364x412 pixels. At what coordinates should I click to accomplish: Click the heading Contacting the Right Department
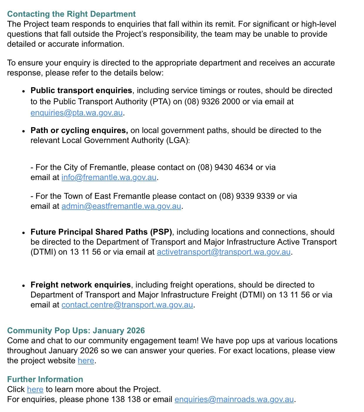71,14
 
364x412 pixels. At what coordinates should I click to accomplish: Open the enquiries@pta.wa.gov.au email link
76,113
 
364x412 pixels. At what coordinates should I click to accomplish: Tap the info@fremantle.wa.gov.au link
109,177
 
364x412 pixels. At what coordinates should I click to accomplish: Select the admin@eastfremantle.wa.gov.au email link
121,206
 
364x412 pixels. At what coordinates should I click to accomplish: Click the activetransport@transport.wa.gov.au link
223,252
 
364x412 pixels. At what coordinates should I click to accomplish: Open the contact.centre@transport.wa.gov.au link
127,305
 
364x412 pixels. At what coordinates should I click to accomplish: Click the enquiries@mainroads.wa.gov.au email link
234,399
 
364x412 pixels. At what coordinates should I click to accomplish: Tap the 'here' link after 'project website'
86,361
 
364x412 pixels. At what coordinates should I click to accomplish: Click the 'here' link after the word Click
35,389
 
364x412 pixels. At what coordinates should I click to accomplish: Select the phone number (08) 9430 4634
225,167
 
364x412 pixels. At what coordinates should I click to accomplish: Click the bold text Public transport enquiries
81,90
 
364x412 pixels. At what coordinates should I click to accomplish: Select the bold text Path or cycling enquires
79,130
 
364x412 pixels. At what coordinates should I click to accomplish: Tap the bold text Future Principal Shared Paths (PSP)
101,232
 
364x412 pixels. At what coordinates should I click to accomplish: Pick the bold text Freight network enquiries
80,285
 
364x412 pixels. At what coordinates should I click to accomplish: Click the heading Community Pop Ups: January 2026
76,331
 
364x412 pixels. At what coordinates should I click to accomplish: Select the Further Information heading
45,379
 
